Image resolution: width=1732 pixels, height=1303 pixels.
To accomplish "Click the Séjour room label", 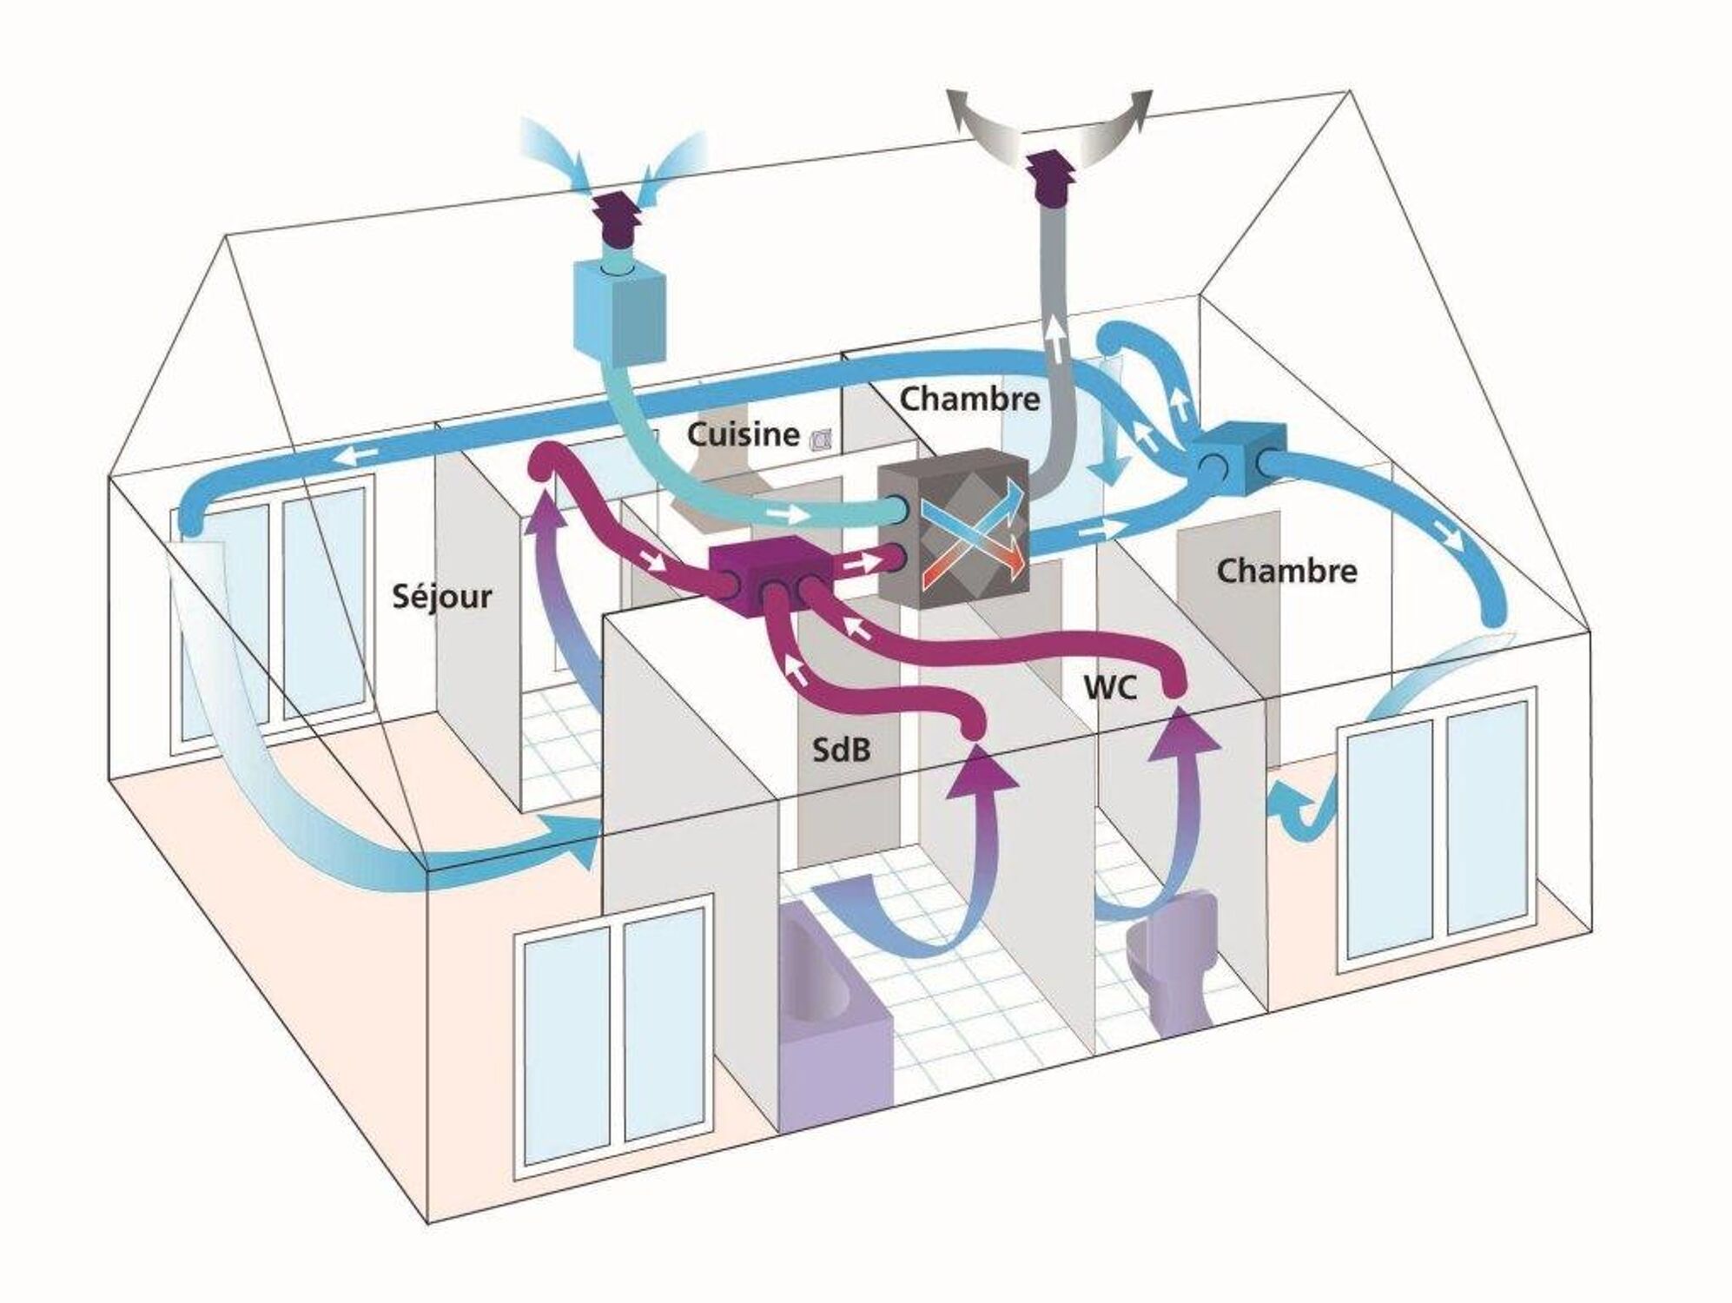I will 442,596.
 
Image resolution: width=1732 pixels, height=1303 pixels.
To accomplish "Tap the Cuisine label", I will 743,433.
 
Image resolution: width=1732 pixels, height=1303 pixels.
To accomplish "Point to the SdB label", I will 841,749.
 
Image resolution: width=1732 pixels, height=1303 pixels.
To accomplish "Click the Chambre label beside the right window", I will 1286,571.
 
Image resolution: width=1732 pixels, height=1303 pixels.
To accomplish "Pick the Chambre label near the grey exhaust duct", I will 969,399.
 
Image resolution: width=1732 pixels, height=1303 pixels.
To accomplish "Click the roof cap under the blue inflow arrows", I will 618,220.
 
